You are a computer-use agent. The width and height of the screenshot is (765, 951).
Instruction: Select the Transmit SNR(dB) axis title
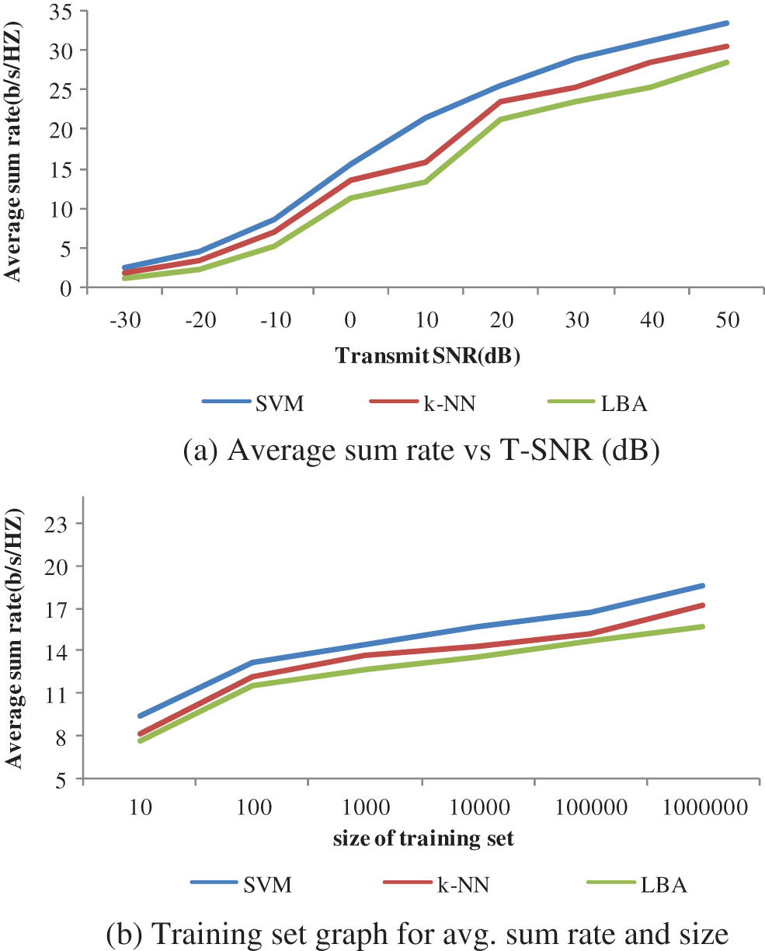[427, 356]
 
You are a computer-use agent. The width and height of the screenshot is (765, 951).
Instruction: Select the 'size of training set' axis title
[424, 838]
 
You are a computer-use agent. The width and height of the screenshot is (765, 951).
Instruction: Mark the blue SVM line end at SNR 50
[727, 23]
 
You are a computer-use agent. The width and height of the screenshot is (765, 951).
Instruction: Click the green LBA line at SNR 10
[425, 182]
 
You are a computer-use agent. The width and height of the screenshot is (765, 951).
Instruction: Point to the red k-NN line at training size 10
[141, 733]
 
